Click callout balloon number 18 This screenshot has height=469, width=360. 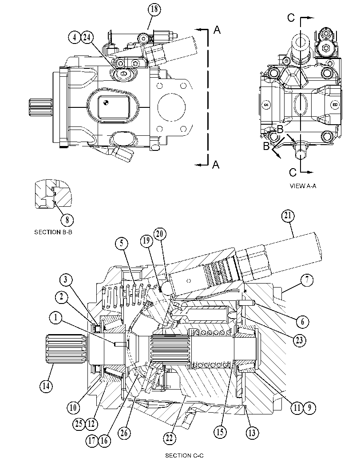click(154, 9)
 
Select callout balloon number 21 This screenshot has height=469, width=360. click(288, 216)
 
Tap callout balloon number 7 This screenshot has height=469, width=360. click(307, 280)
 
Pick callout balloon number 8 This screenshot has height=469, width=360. click(67, 220)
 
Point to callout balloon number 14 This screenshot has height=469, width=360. click(46, 386)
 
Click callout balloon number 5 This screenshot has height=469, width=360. click(122, 243)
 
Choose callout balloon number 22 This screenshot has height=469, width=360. click(170, 438)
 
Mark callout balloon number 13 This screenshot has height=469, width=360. click(252, 433)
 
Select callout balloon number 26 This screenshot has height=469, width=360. click(124, 433)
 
